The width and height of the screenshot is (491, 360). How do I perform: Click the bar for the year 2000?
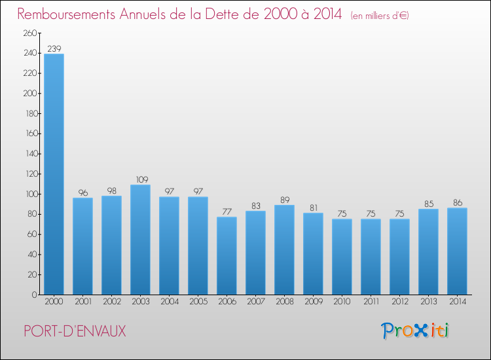pos(54,174)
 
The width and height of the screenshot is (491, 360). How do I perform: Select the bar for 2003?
pos(140,240)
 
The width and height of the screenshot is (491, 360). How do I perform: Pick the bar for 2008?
pos(284,249)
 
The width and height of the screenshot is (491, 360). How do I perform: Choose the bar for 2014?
pos(457,251)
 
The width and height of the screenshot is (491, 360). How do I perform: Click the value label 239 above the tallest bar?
pos(54,48)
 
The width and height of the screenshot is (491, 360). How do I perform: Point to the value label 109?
pos(140,179)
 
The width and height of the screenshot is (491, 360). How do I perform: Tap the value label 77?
pos(227,211)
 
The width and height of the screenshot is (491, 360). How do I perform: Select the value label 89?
pos(284,200)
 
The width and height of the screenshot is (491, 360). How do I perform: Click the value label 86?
pos(457,203)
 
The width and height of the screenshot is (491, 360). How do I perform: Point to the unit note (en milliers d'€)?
pos(380,15)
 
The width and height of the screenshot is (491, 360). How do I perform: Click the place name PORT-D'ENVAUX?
pos(74,331)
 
